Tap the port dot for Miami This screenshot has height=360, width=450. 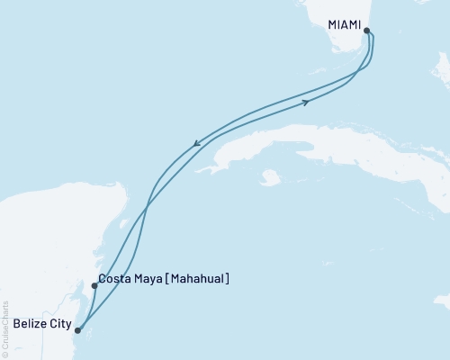click(x=366, y=31)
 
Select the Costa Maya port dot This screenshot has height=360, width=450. click(x=94, y=286)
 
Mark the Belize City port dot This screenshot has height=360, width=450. click(x=77, y=330)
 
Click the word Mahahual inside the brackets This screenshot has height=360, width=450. click(x=196, y=280)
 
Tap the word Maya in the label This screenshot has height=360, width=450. click(x=154, y=280)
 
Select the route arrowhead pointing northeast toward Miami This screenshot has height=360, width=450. click(x=308, y=102)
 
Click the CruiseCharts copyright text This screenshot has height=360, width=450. click(x=5, y=325)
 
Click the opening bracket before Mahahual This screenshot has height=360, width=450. click(x=175, y=280)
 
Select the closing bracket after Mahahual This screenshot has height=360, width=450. click(x=227, y=280)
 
